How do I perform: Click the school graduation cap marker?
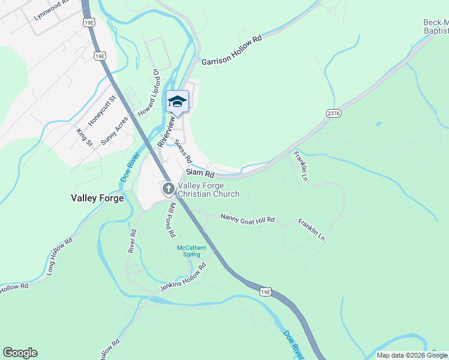point(177,101)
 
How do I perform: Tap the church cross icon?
point(169,190)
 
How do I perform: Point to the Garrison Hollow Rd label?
point(232,50)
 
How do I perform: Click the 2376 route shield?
point(334,113)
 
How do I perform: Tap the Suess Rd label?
point(183,151)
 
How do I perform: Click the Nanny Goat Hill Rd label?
point(247,220)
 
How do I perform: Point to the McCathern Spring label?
point(191,251)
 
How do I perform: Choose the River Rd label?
point(132,239)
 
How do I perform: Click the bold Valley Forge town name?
point(97,198)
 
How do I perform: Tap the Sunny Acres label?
point(114,130)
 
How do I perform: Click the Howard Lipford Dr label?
point(148,92)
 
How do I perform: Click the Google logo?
point(20,353)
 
